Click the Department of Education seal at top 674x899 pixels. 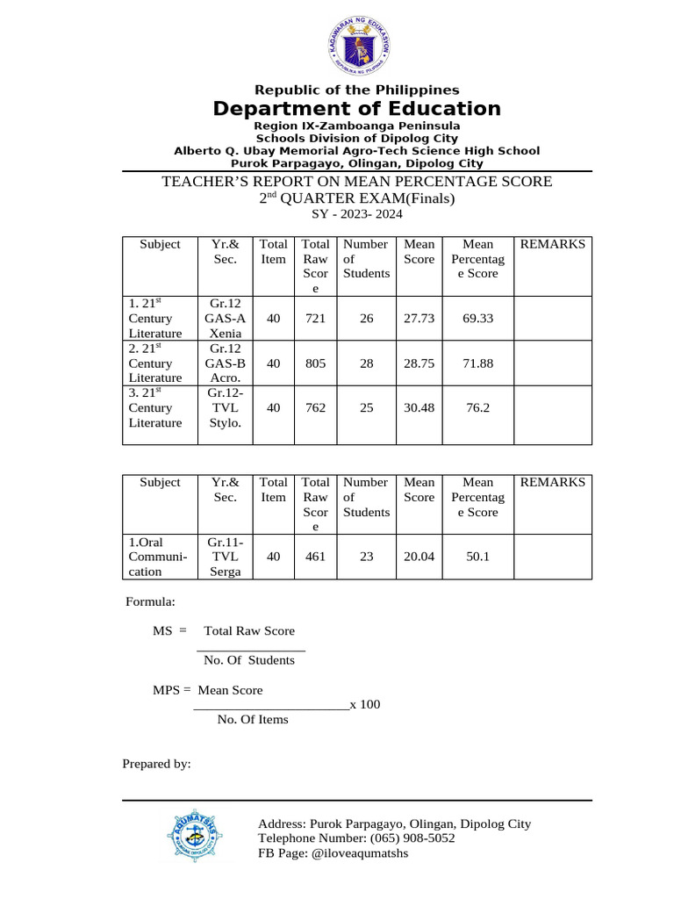[x=352, y=43]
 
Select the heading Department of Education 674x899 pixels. [x=356, y=109]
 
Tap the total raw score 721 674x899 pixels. [x=315, y=319]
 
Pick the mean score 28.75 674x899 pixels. [x=419, y=363]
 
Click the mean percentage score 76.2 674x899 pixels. [x=478, y=407]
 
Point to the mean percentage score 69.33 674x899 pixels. [x=478, y=319]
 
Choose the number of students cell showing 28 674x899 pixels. [x=366, y=363]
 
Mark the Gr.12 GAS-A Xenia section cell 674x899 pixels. [x=225, y=318]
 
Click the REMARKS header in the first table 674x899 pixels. [x=552, y=244]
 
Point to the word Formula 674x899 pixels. [x=150, y=602]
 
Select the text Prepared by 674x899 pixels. [x=156, y=764]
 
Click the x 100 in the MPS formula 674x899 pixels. [x=365, y=704]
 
